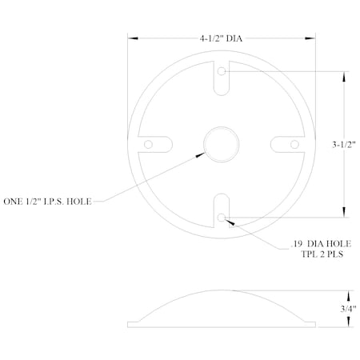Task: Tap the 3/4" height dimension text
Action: pos(347,306)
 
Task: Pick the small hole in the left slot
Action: pos(149,144)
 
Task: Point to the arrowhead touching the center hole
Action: pos(201,155)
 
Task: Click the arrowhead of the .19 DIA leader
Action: pos(230,220)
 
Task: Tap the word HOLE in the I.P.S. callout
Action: pos(80,202)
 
